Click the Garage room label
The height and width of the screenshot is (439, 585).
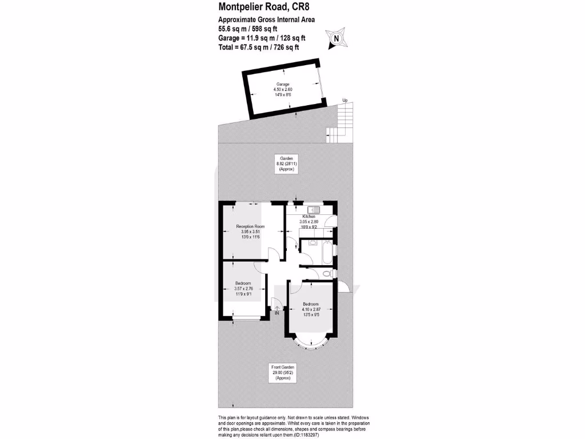[283, 84]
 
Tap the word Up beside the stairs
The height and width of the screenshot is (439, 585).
[344, 101]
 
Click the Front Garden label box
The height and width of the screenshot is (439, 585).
[283, 372]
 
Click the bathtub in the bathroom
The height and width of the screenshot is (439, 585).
[326, 253]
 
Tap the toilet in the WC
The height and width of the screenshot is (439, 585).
[326, 274]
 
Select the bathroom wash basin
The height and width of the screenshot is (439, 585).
[312, 242]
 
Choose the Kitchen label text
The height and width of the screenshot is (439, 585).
[309, 217]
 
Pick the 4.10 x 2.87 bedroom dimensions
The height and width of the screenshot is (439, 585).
[311, 309]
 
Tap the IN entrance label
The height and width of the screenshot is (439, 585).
[277, 313]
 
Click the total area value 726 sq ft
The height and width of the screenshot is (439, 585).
[285, 48]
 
